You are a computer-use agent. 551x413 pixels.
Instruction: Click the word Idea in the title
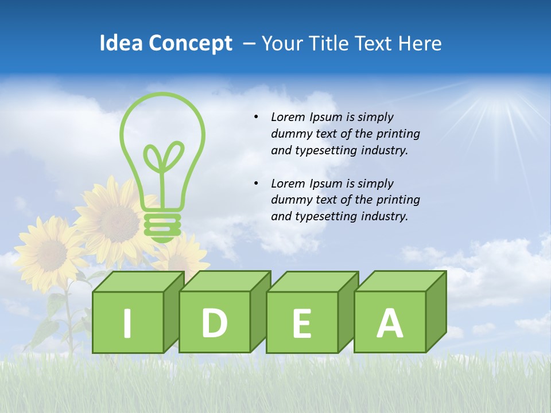[120, 43]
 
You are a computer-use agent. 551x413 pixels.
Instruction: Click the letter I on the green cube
[127, 323]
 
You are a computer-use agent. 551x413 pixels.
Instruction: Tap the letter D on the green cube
[215, 322]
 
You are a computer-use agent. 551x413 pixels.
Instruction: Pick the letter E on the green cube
[302, 323]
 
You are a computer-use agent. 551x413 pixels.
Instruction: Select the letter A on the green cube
[390, 322]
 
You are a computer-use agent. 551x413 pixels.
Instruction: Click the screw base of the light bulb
[162, 225]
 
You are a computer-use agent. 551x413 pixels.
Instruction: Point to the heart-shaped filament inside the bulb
[163, 157]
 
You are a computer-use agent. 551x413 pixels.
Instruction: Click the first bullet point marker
[256, 117]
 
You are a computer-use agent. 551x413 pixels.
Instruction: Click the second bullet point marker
[256, 184]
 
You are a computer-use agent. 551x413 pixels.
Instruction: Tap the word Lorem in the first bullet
[289, 117]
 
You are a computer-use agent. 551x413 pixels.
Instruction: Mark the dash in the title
[250, 44]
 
